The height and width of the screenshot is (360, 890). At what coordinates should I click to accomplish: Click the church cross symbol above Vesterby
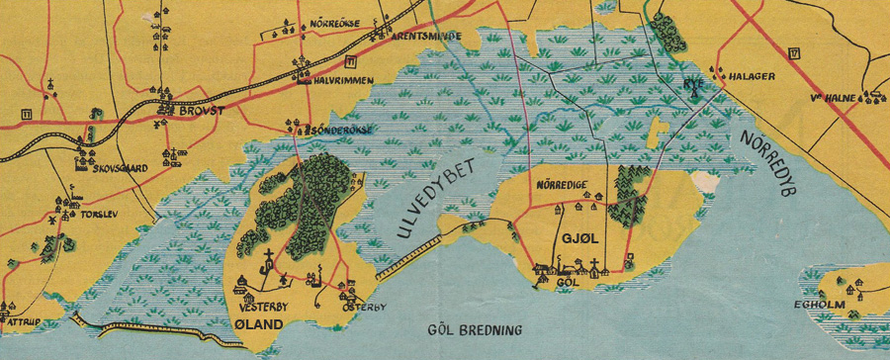tap(266, 262)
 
